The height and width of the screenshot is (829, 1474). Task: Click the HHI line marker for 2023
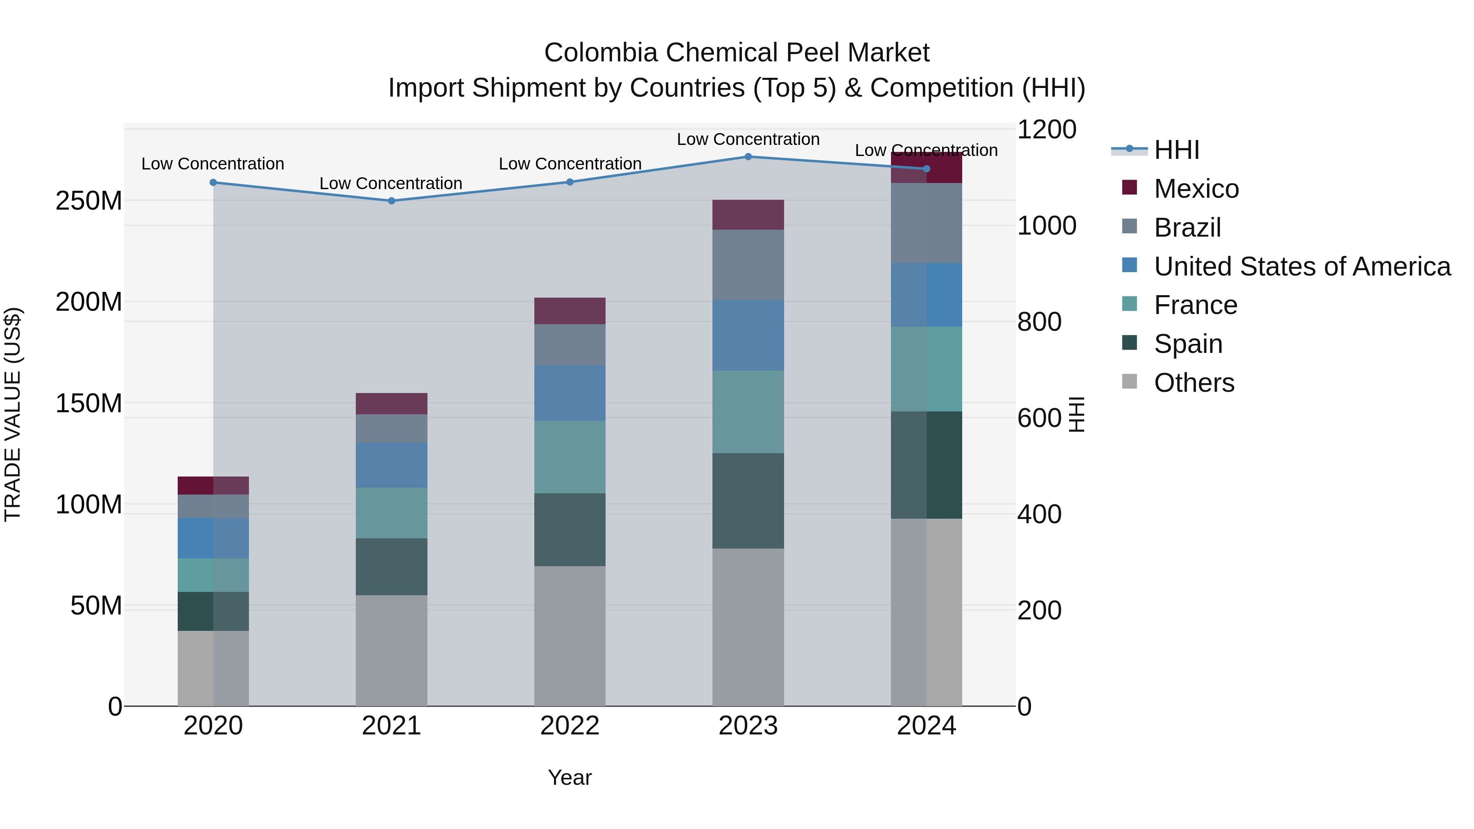(748, 157)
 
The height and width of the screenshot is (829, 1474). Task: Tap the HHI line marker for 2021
(391, 201)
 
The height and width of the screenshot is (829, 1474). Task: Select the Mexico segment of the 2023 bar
(748, 215)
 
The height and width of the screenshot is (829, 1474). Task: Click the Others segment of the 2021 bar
(391, 651)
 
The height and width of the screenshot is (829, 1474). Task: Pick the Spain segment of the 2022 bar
(570, 530)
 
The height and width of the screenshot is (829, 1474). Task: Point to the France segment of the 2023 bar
(748, 412)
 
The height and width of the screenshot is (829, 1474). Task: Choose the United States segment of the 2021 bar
(391, 465)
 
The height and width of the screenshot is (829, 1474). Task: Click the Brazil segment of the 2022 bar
(570, 344)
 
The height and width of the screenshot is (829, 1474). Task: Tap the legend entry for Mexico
(1196, 189)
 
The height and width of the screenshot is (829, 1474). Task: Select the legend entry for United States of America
(1302, 267)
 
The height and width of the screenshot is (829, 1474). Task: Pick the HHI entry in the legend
(1176, 150)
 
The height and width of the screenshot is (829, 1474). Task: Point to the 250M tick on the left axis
(89, 201)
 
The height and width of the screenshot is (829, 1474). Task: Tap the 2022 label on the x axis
(570, 726)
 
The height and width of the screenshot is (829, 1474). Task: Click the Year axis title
(570, 777)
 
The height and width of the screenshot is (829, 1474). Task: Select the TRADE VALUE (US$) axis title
(13, 414)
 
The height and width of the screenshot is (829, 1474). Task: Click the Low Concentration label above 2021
(391, 184)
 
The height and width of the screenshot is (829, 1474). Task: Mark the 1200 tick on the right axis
(1047, 130)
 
